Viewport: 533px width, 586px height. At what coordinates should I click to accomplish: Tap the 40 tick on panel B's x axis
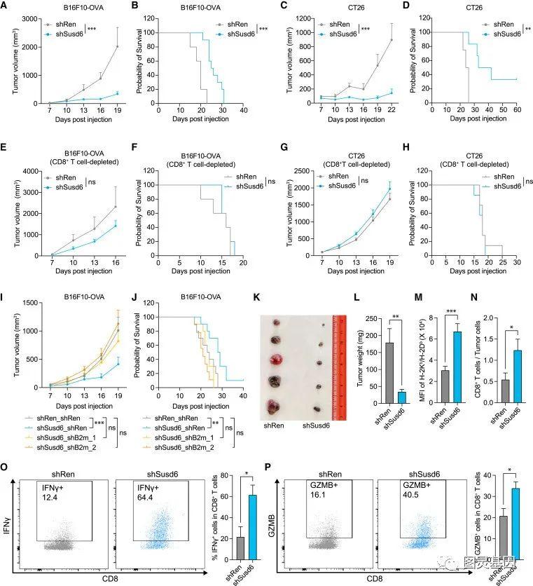click(242, 110)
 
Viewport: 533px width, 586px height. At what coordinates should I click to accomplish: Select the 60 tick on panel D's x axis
click(517, 110)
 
